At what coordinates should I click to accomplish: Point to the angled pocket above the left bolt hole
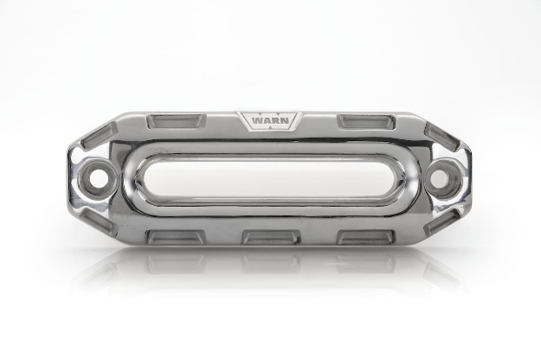point(94,137)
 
